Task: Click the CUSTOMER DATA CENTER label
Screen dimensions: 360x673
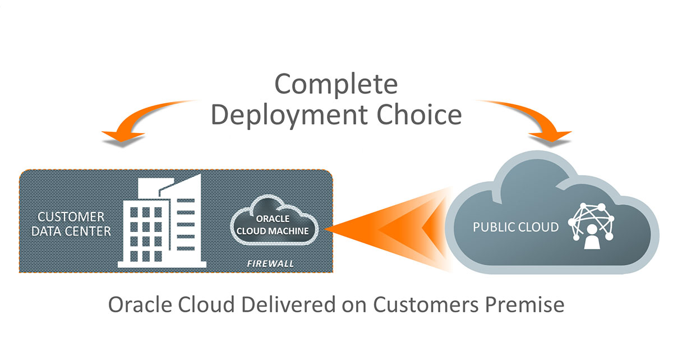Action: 71,223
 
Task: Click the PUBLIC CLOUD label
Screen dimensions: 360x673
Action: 515,227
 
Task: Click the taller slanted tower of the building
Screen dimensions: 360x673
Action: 188,219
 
